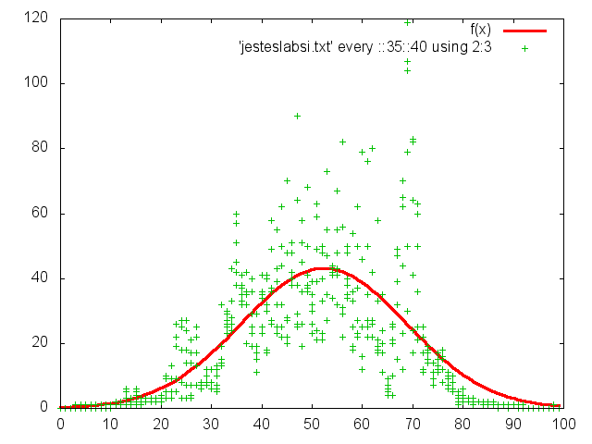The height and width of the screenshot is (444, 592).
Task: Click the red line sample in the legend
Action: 524,31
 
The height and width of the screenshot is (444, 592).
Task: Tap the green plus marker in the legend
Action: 524,48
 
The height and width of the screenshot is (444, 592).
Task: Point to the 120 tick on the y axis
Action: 38,18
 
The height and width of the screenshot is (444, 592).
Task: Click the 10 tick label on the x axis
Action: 111,425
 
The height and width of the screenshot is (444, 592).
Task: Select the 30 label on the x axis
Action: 212,425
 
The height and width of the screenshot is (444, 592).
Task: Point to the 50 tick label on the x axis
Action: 313,425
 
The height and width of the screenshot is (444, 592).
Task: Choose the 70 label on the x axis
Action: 413,425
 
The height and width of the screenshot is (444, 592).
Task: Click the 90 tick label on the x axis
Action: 514,425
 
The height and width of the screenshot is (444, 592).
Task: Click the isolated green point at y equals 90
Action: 297,116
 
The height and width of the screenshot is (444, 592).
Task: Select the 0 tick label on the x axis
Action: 60,425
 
